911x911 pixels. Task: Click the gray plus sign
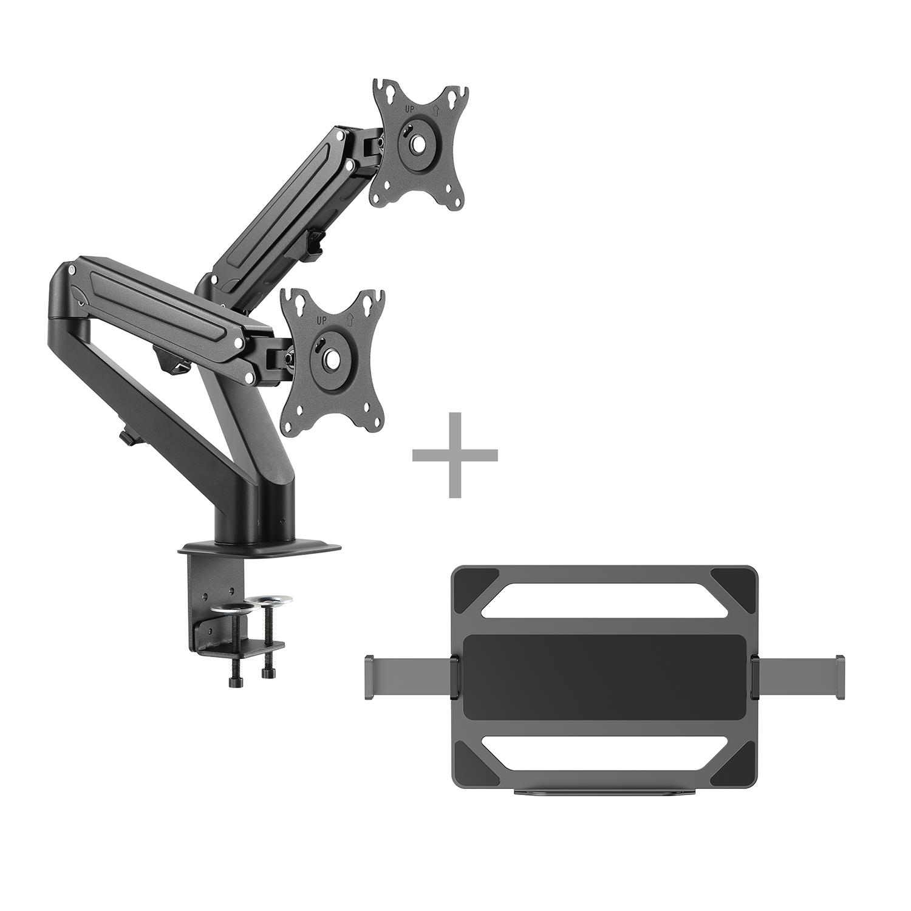pyautogui.click(x=455, y=455)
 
